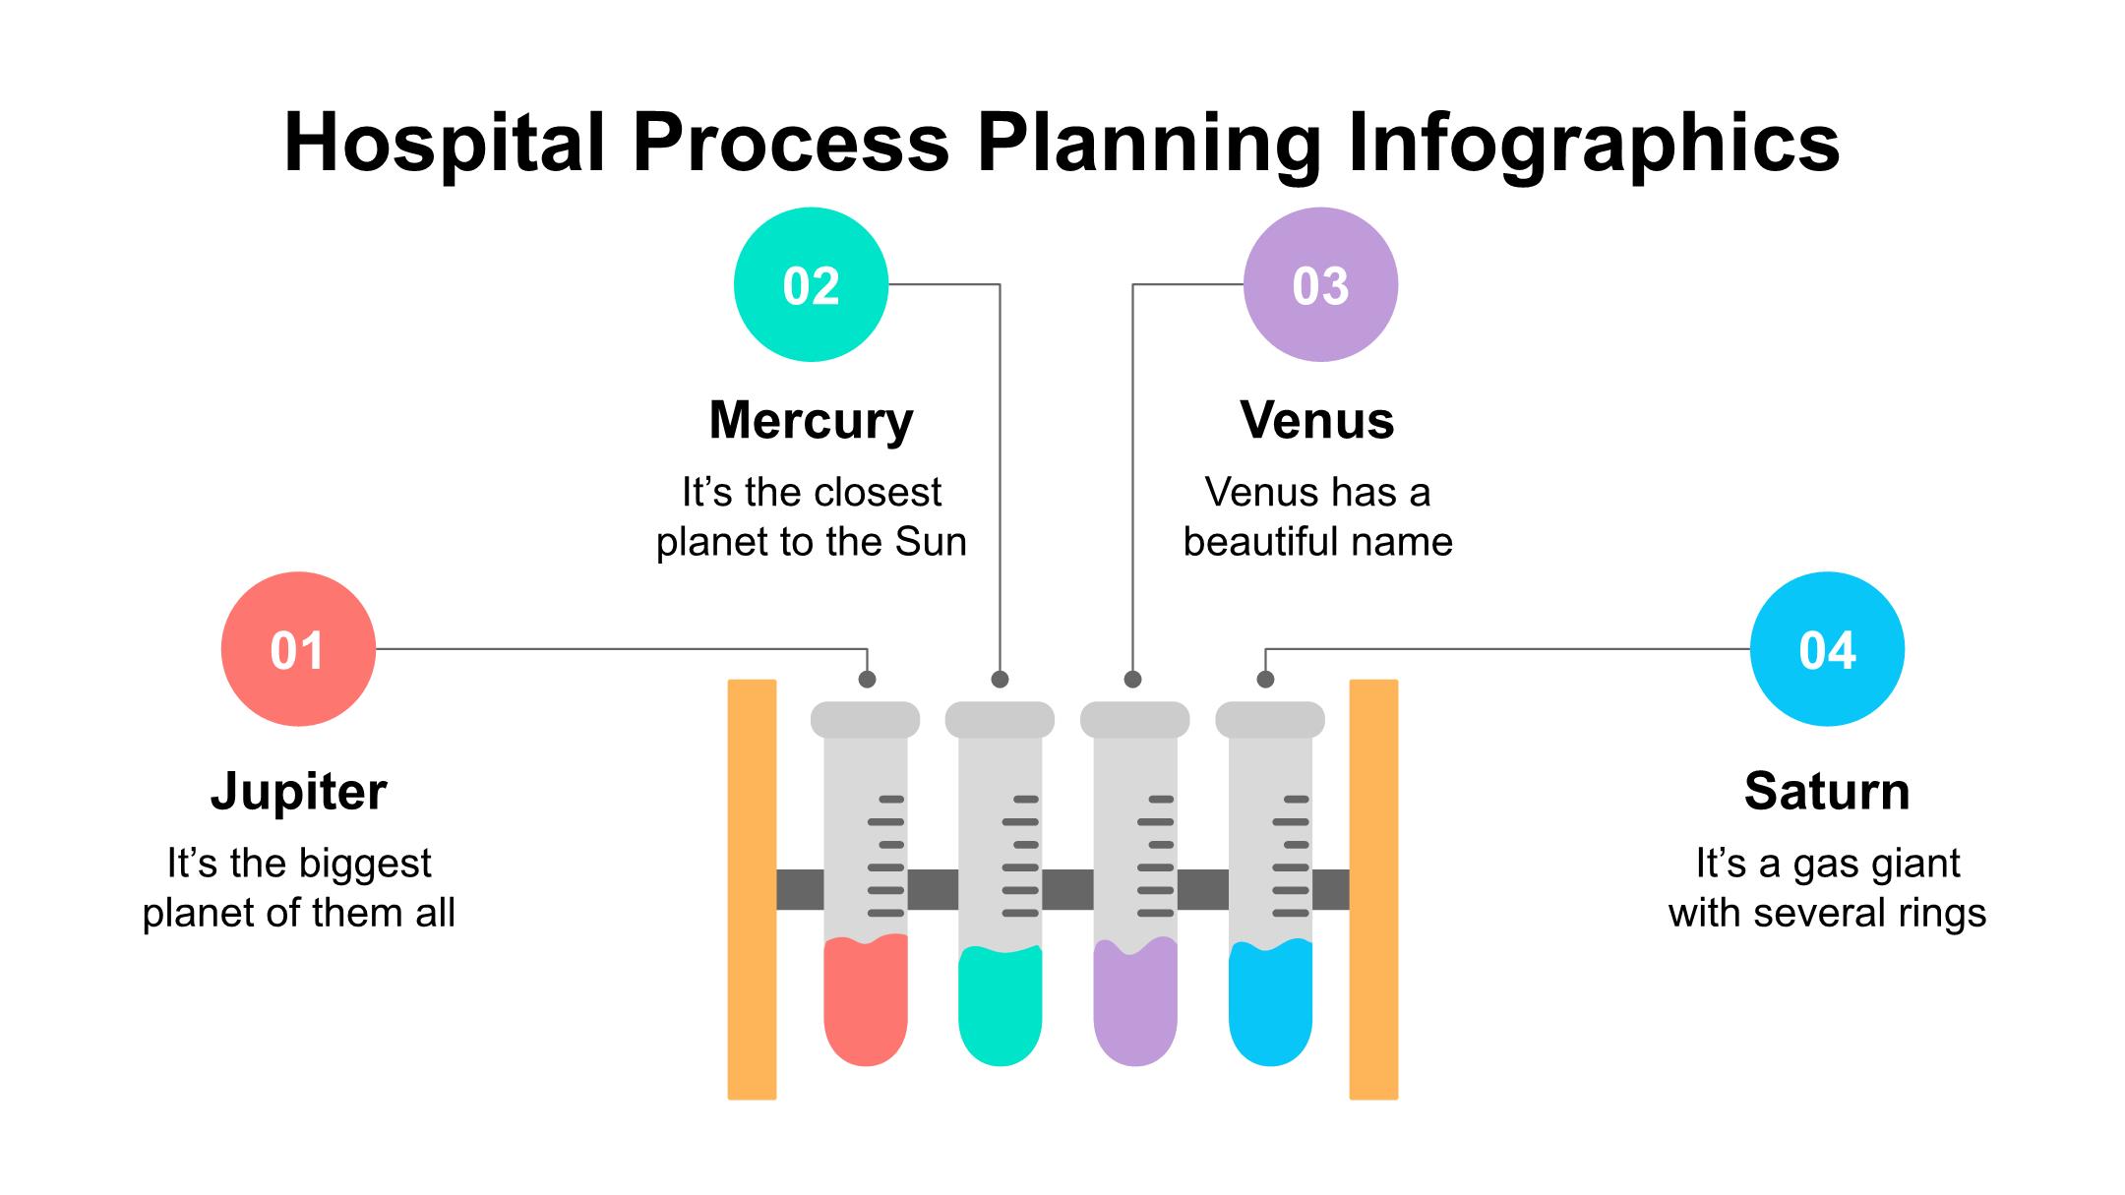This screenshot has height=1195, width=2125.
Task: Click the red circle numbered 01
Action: [298, 649]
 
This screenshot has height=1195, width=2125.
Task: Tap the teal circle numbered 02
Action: [811, 284]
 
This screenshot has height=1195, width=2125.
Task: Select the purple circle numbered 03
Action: [1320, 284]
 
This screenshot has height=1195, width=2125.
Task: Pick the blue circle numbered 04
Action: [1827, 649]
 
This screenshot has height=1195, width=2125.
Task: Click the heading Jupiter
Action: [298, 791]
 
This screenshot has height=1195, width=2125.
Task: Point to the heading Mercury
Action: [811, 420]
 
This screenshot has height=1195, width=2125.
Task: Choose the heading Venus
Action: [1316, 420]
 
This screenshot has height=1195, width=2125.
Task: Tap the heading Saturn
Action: [1827, 791]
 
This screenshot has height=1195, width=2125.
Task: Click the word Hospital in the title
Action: [444, 143]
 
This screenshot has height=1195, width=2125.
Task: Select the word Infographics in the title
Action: [1593, 143]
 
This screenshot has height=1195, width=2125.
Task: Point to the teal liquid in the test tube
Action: [1000, 1008]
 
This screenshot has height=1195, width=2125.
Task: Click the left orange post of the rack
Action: [752, 889]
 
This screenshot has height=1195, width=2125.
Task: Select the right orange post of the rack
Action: [1373, 889]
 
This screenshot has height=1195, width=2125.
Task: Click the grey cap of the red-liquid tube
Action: [865, 719]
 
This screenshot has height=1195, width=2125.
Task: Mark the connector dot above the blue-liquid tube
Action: [1266, 679]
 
